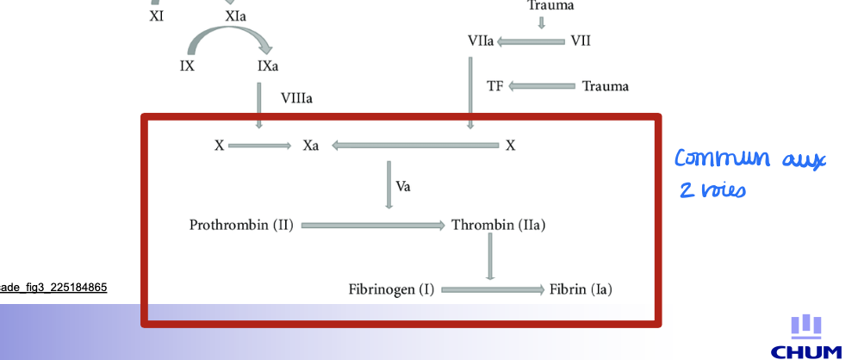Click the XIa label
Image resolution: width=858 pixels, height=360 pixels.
tap(234, 16)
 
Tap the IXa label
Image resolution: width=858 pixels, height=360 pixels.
tap(267, 66)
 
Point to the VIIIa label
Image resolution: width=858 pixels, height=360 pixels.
tap(296, 98)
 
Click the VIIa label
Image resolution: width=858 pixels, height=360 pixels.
tap(481, 41)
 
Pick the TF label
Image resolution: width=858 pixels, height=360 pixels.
tap(494, 86)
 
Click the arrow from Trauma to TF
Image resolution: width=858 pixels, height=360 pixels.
tap(543, 86)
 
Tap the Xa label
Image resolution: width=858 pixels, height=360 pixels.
tap(310, 146)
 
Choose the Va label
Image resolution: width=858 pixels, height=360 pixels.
tap(403, 186)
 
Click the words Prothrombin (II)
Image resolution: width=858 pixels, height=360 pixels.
tap(241, 226)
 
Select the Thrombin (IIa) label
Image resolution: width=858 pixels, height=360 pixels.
tap(499, 226)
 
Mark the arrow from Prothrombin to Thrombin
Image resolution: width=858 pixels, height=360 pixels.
tap(371, 226)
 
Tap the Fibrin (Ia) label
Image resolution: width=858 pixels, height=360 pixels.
tap(581, 289)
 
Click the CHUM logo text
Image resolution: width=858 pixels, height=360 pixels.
tap(806, 351)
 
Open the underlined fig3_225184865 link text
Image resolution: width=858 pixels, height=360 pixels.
tap(53, 287)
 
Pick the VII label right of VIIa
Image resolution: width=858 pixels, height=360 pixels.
tap(581, 41)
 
